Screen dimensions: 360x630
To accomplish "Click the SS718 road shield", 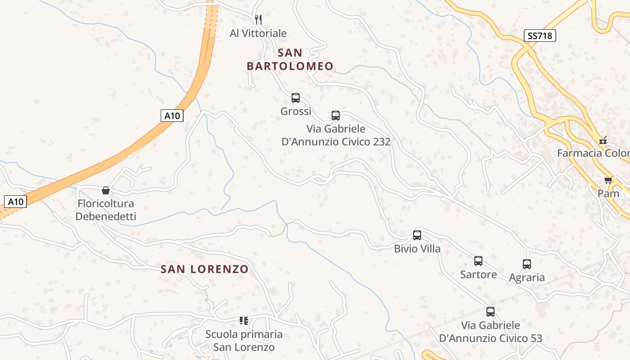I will coord(540,36).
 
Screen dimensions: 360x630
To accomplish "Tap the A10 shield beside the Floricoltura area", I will coord(16,201).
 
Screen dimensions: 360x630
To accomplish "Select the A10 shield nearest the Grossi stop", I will coord(172,116).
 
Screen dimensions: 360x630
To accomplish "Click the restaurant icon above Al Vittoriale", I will coord(258,19).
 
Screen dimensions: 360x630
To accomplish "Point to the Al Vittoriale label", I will coord(258,33).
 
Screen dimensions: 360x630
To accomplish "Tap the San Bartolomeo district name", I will coord(290,59).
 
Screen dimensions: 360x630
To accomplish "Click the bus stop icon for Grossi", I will coord(296,98).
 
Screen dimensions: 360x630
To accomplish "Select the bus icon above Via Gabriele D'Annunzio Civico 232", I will coord(336,115).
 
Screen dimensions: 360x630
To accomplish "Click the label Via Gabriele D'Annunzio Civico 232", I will coord(336,135).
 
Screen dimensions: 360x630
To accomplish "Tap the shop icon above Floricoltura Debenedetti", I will coord(106,190).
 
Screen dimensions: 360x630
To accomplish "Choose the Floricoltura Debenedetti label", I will coord(106,210).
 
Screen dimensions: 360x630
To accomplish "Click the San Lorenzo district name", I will coord(205,269).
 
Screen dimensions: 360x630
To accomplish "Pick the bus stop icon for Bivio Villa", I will coord(417,235).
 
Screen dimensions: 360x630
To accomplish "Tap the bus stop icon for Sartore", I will coord(478,261).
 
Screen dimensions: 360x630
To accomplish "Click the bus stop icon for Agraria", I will coord(527,264).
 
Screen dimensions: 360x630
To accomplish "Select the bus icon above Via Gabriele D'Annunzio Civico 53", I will coord(490,311).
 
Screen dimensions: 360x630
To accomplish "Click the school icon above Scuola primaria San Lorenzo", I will coord(244,321).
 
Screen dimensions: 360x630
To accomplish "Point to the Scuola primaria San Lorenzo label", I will coord(244,341).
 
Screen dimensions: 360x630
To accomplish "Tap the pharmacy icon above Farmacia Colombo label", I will coord(603,140).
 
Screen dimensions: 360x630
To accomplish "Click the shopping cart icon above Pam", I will coord(608,180).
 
